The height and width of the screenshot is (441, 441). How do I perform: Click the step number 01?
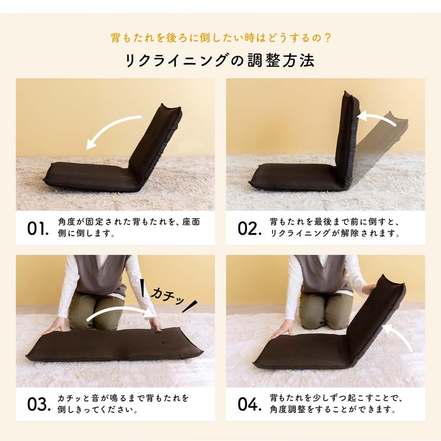point(38,228)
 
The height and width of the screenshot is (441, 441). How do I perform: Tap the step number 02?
point(250,228)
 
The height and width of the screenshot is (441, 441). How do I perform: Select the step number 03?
point(39,404)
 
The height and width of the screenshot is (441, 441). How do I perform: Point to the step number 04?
point(250,404)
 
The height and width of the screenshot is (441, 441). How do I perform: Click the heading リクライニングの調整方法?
point(220,60)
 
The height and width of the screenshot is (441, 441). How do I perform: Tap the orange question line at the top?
point(221,38)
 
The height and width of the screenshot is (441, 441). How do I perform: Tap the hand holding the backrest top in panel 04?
point(368,289)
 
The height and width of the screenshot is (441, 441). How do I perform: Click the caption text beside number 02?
point(335,228)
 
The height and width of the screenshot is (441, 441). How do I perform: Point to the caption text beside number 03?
point(123,404)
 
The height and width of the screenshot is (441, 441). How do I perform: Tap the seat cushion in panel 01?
point(90,177)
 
